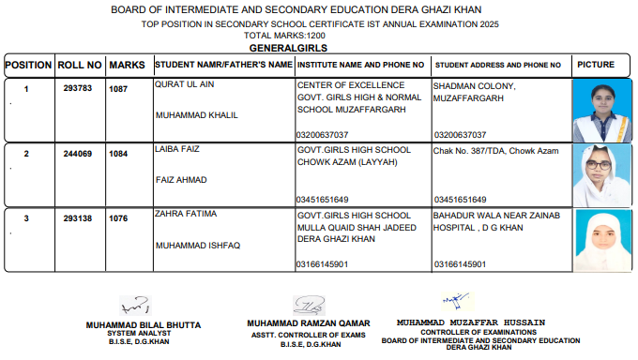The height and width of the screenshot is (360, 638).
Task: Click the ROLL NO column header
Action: (x=80, y=66)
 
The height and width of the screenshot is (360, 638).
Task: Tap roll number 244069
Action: (x=80, y=154)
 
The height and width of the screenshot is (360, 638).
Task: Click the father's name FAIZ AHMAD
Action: (x=180, y=179)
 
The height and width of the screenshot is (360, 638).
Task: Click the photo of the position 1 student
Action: (x=599, y=110)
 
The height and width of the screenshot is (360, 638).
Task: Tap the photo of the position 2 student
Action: (x=598, y=174)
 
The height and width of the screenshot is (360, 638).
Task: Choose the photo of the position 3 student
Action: (x=598, y=240)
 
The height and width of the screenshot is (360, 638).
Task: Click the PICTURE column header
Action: (x=597, y=66)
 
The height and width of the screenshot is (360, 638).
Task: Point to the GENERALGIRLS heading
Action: (x=288, y=46)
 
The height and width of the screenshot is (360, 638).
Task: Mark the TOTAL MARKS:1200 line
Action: (x=289, y=36)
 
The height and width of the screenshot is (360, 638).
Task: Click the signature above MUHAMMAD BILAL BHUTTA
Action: (x=135, y=306)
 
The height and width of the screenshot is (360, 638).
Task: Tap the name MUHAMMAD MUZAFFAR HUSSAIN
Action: (x=470, y=322)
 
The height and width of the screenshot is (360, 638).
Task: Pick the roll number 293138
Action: (x=80, y=219)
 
